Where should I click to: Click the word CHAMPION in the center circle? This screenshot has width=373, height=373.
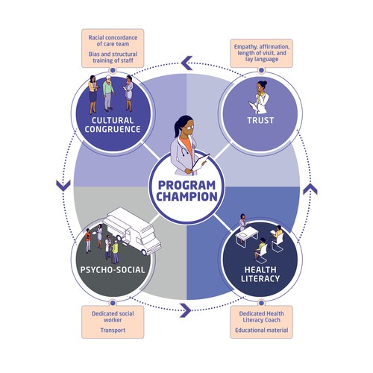coord(186,197)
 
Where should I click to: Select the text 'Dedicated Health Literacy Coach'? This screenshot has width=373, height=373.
coord(260,316)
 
